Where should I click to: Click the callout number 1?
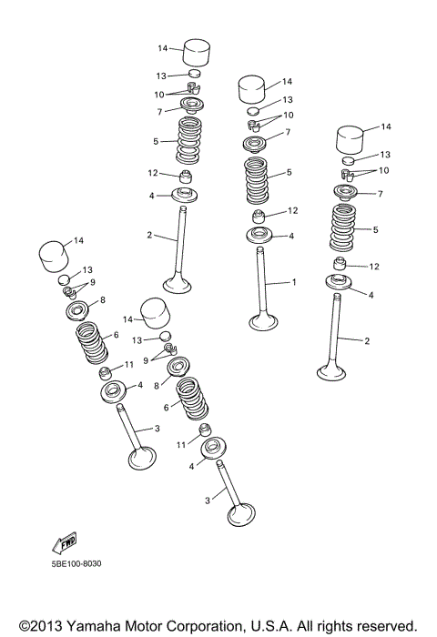[x=293, y=282]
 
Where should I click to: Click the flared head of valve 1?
[x=265, y=321]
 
